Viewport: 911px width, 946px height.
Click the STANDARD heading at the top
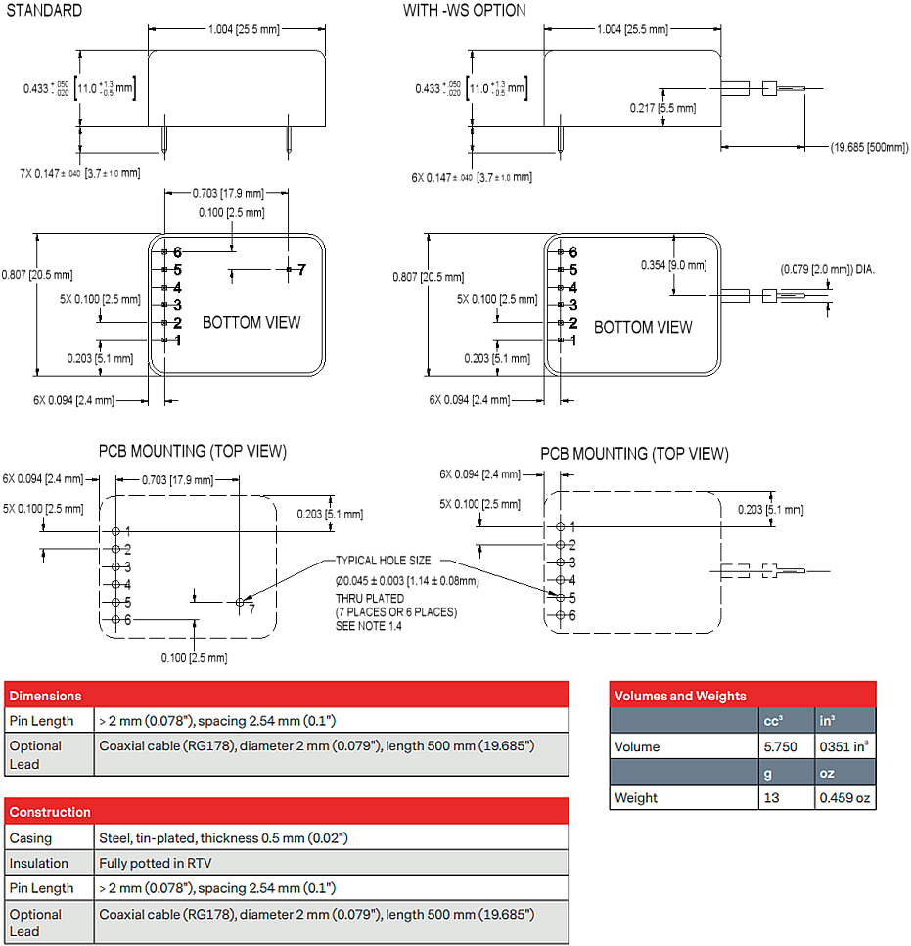point(44,10)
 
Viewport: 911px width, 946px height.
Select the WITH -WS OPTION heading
point(464,10)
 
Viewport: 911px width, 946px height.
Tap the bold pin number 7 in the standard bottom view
point(302,269)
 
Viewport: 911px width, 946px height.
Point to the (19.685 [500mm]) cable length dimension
point(869,147)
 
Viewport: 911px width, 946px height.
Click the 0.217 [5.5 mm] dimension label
point(663,108)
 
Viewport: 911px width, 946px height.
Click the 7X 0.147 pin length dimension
point(80,173)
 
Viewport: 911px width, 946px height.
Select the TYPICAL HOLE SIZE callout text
point(383,561)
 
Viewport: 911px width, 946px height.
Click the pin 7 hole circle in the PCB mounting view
point(241,602)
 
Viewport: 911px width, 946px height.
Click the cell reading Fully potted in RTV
point(155,863)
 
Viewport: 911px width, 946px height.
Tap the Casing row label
point(31,838)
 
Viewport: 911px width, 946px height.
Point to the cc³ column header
point(774,721)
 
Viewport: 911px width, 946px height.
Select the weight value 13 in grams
point(770,797)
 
